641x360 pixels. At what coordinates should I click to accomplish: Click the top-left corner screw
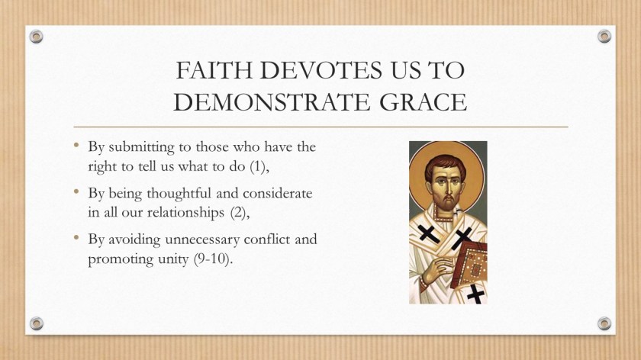pyautogui.click(x=36, y=36)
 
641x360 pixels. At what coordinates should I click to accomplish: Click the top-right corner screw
pyautogui.click(x=604, y=36)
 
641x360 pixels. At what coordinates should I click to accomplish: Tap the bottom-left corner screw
pyautogui.click(x=36, y=323)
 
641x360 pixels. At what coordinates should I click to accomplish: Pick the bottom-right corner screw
pyautogui.click(x=604, y=323)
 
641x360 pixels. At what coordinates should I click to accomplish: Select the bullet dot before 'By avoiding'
pyautogui.click(x=77, y=239)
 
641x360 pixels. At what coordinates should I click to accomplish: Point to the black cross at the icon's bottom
pyautogui.click(x=475, y=292)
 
